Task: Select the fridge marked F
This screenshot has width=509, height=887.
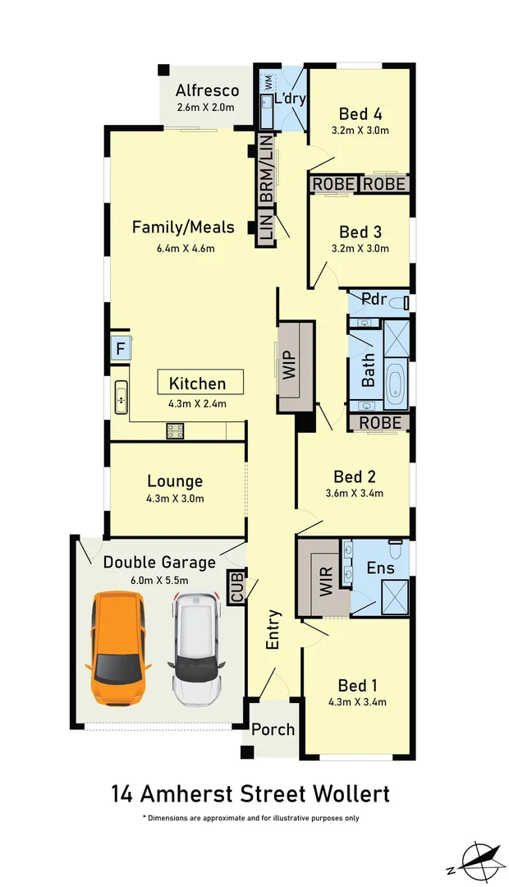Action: pos(120,348)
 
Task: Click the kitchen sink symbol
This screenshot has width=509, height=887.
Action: pos(122,400)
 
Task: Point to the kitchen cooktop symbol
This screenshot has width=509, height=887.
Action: pos(175,430)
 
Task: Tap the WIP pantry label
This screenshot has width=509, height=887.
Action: pos(287,364)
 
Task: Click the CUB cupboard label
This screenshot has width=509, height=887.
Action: pos(237,587)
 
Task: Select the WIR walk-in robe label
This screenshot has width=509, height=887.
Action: pos(323,574)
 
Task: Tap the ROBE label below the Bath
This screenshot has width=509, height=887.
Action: pos(380,422)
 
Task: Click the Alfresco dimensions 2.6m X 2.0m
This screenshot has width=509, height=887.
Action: pos(206,108)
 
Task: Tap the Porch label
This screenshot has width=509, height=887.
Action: pos(273,729)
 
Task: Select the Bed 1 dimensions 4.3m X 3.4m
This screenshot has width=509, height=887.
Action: pos(358,701)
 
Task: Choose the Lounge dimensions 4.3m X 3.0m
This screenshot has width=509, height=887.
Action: pos(175,498)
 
